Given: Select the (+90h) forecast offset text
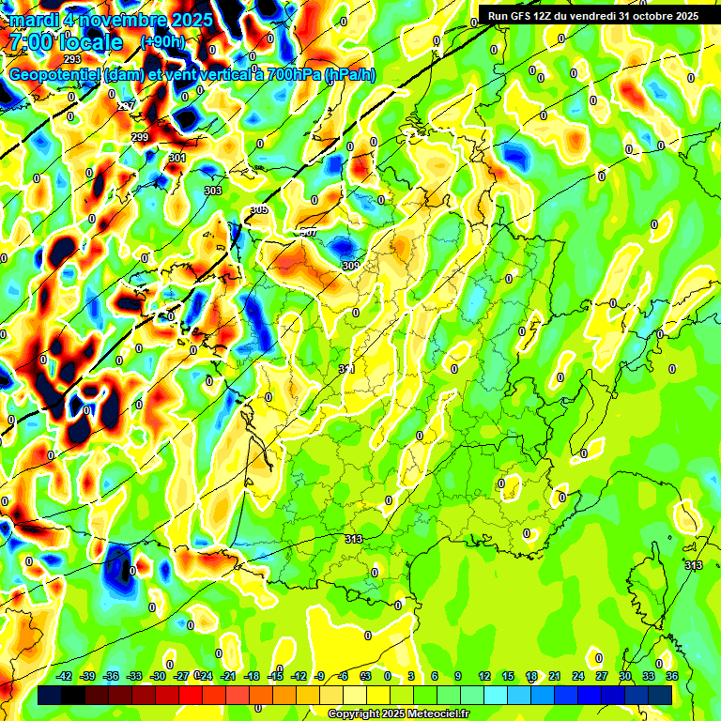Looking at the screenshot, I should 162,42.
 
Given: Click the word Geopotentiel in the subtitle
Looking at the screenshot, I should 54,75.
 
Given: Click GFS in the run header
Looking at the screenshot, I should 527,16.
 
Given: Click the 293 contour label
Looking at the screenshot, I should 72,85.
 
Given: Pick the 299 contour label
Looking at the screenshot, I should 140,138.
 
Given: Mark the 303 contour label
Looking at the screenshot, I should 213,191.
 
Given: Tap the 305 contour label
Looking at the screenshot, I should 259,210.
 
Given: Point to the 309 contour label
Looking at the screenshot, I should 350,267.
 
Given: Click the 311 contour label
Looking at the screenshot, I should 346,369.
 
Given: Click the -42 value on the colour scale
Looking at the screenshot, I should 65,676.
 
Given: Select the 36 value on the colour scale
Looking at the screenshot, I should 672,676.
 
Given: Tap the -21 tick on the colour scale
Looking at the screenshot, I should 228,676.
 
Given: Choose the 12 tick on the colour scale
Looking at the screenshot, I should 484,676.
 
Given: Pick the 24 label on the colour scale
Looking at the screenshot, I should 578,676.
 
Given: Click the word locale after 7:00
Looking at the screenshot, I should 88,43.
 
